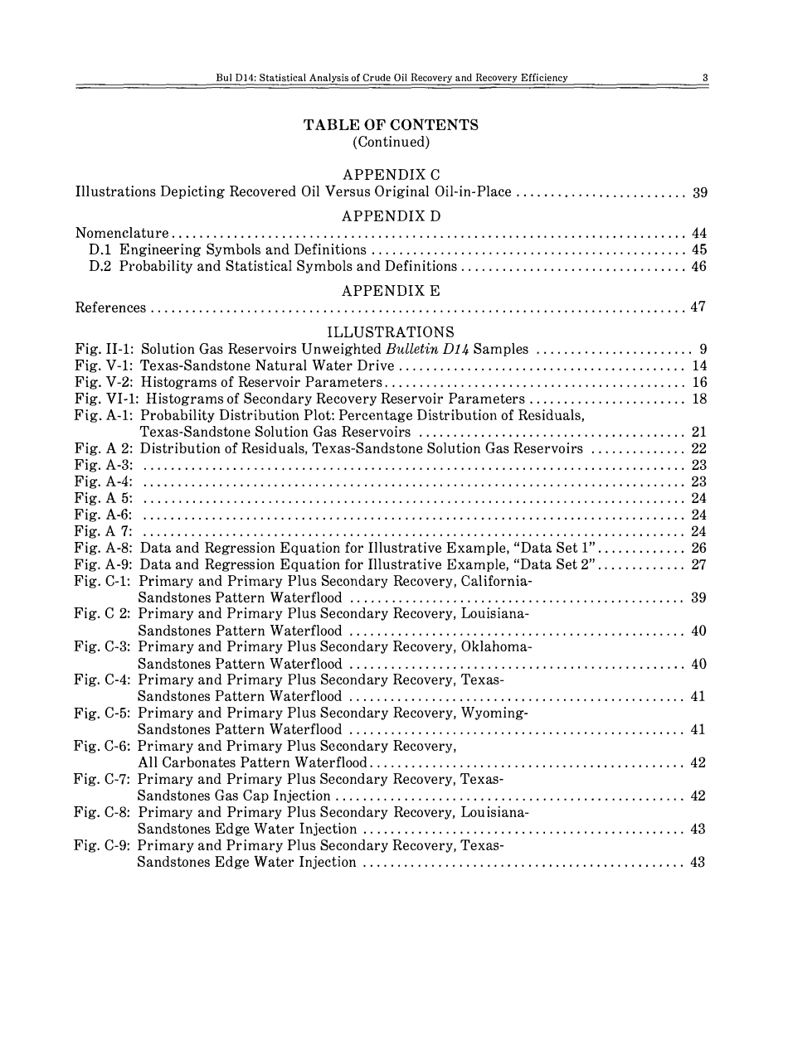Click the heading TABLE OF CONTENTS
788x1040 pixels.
(391, 125)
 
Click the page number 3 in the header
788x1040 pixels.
(704, 78)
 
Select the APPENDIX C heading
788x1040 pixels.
(391, 175)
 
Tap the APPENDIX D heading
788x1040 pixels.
(391, 216)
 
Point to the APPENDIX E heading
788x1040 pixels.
(391, 291)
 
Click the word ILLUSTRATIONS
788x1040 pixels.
(391, 333)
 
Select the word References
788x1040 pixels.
(111, 308)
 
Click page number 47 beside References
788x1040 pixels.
(698, 308)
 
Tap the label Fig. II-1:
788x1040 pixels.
(105, 350)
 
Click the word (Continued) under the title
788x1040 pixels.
(391, 142)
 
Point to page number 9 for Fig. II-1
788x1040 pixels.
(703, 350)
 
